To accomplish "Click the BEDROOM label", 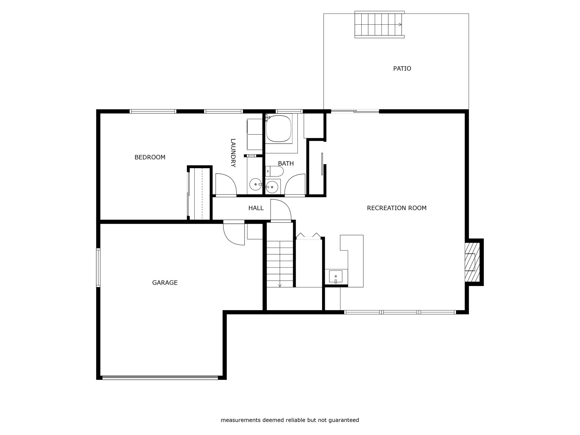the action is (150, 157).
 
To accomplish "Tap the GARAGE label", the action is (165, 283).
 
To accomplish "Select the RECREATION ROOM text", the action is (396, 208).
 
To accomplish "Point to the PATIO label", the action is (402, 69).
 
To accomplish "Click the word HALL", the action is (256, 208).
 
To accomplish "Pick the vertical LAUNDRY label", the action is (233, 153).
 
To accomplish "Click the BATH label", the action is (286, 163).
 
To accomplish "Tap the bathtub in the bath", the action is (279, 129).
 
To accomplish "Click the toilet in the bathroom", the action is (274, 171).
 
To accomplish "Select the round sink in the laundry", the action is (255, 184).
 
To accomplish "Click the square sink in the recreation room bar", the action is (336, 276).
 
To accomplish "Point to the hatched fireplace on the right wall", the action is (472, 262).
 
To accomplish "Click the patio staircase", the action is (379, 25).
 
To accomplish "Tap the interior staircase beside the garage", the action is (280, 264).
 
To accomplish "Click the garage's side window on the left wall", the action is (98, 268).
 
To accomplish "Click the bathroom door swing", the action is (295, 185).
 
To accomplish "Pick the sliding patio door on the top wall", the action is (355, 111).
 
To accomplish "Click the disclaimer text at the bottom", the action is (290, 420).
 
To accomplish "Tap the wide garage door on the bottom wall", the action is (160, 378).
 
